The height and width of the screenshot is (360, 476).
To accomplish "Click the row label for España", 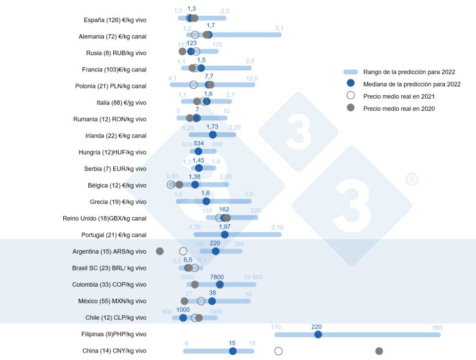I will tap(115, 20).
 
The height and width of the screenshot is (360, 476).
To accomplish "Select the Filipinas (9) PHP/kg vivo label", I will tap(114, 334).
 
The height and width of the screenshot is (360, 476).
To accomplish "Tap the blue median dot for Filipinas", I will tap(318, 334).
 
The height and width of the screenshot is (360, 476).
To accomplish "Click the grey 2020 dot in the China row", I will tap(379, 351).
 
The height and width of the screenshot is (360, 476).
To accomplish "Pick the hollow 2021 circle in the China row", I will tap(278, 351).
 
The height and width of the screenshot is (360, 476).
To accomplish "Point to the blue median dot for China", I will tap(233, 351).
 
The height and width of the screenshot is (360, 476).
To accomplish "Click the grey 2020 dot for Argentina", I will tap(160, 251).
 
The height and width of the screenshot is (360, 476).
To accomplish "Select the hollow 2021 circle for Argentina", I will tap(183, 251).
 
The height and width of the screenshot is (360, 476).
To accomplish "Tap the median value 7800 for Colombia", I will tap(217, 277).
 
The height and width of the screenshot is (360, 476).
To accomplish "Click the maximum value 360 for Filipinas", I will tap(437, 327).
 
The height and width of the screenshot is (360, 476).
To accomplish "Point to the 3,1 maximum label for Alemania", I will tap(279, 28).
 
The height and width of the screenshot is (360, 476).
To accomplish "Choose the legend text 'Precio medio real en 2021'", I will tap(399, 96).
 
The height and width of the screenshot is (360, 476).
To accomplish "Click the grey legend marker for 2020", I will tap(350, 108).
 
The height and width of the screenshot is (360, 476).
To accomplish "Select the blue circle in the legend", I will tap(350, 84).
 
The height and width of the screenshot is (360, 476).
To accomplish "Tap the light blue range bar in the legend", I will tap(350, 72).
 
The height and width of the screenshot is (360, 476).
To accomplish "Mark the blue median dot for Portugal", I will tap(225, 235).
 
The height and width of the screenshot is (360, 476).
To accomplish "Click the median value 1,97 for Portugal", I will tap(225, 226).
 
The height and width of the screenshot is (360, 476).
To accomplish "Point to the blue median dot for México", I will tap(212, 301).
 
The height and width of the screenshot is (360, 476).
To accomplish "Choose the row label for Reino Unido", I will tap(104, 218).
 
